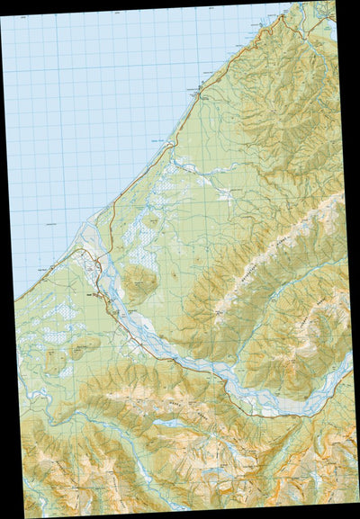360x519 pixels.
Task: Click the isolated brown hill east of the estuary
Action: click(x=137, y=283)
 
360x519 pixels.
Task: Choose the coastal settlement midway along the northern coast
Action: click(x=200, y=89)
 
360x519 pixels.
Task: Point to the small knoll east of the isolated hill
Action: click(x=173, y=272)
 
